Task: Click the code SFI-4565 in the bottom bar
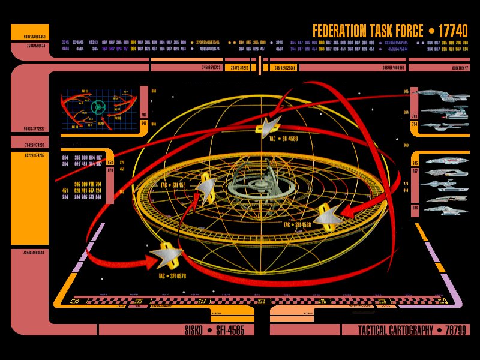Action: click(234, 331)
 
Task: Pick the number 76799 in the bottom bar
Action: click(455, 331)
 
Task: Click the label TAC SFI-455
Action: click(173, 186)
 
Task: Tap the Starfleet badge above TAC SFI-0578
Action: click(167, 256)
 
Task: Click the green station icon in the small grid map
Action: click(98, 107)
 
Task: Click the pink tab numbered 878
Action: click(110, 170)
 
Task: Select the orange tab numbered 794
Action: click(414, 124)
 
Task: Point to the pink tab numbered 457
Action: click(415, 171)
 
